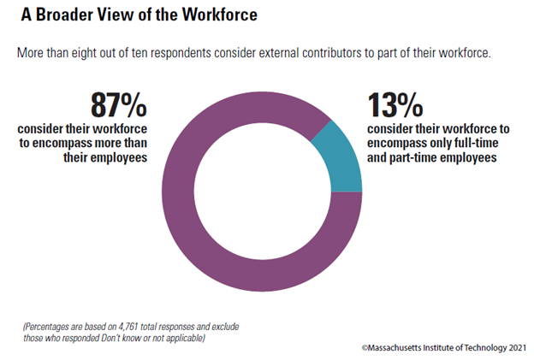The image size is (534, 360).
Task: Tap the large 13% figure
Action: tap(395, 107)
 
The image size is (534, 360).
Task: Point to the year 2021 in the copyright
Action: tap(516, 348)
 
